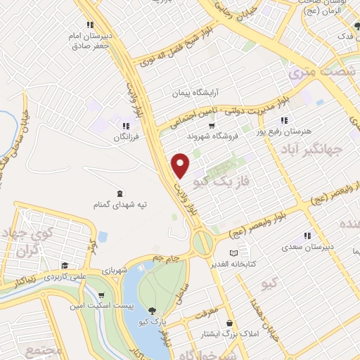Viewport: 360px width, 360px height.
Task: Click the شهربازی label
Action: [x=115, y=269]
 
